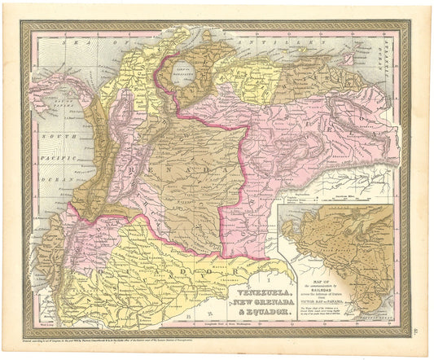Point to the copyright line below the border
click(x=122, y=336)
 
